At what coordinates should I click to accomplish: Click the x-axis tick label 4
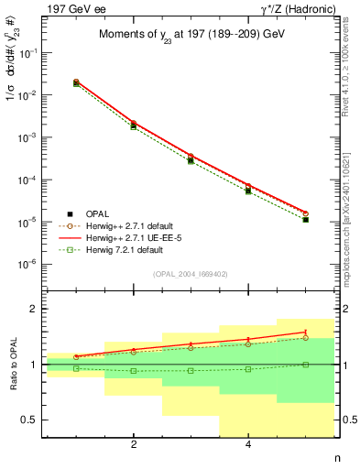point(248,446)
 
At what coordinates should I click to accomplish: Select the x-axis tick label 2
point(134,446)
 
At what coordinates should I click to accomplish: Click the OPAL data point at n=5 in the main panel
point(305,220)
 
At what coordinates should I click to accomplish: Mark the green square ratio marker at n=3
point(191,370)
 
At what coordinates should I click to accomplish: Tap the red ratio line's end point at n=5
point(305,332)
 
